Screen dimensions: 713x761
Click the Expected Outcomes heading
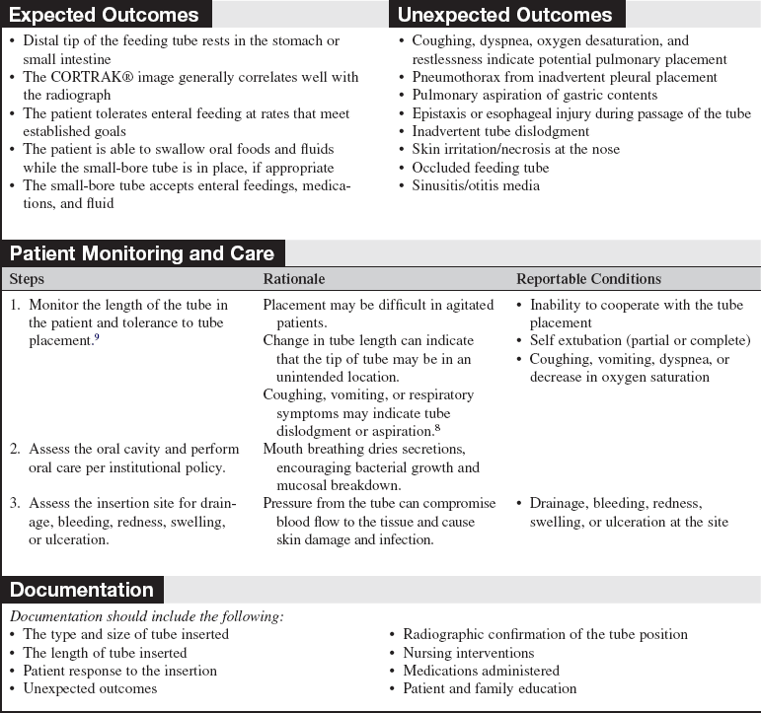[104, 15]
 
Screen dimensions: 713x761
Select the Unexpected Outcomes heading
[504, 15]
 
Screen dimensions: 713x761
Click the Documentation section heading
[82, 590]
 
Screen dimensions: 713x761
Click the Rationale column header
[293, 279]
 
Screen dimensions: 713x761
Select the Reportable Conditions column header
[588, 279]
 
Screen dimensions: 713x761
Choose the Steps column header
[27, 279]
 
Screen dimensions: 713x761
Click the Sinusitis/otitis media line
[476, 185]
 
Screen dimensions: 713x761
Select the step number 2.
[15, 449]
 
